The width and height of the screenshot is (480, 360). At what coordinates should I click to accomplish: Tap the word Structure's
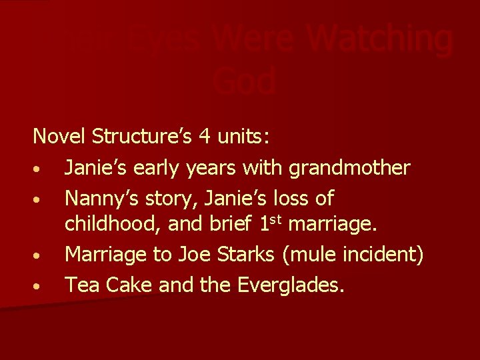pyautogui.click(x=141, y=137)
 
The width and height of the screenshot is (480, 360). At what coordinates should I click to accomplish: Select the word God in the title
pyautogui.click(x=245, y=81)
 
